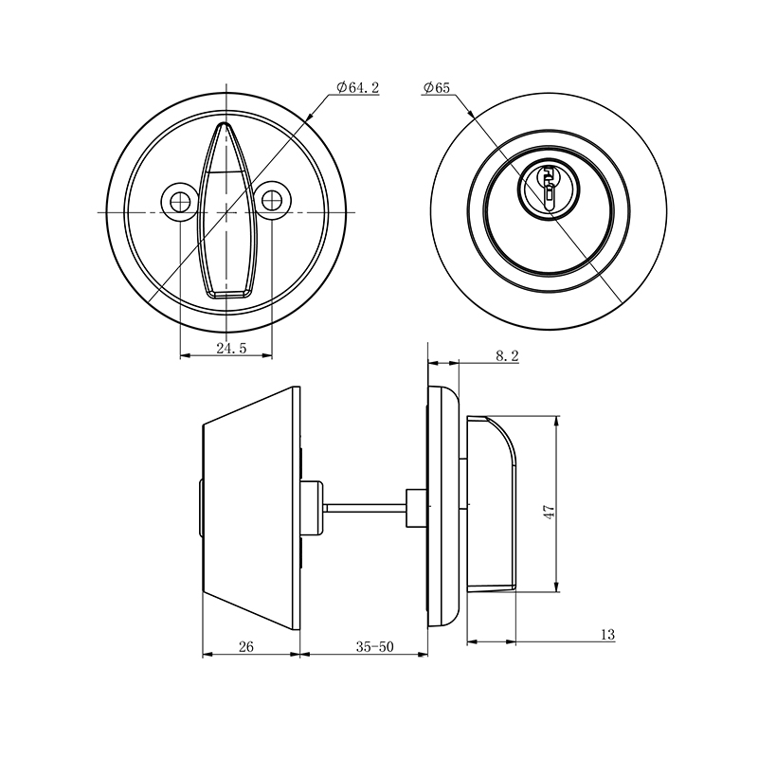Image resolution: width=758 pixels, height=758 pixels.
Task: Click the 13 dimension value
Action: click(x=607, y=634)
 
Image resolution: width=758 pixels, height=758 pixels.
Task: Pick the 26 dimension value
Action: click(x=245, y=647)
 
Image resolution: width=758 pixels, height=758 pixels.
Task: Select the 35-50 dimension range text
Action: click(x=374, y=647)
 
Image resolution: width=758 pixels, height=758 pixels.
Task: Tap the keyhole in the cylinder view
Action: click(x=550, y=185)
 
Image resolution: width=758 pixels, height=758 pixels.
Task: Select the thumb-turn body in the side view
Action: click(x=493, y=502)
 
